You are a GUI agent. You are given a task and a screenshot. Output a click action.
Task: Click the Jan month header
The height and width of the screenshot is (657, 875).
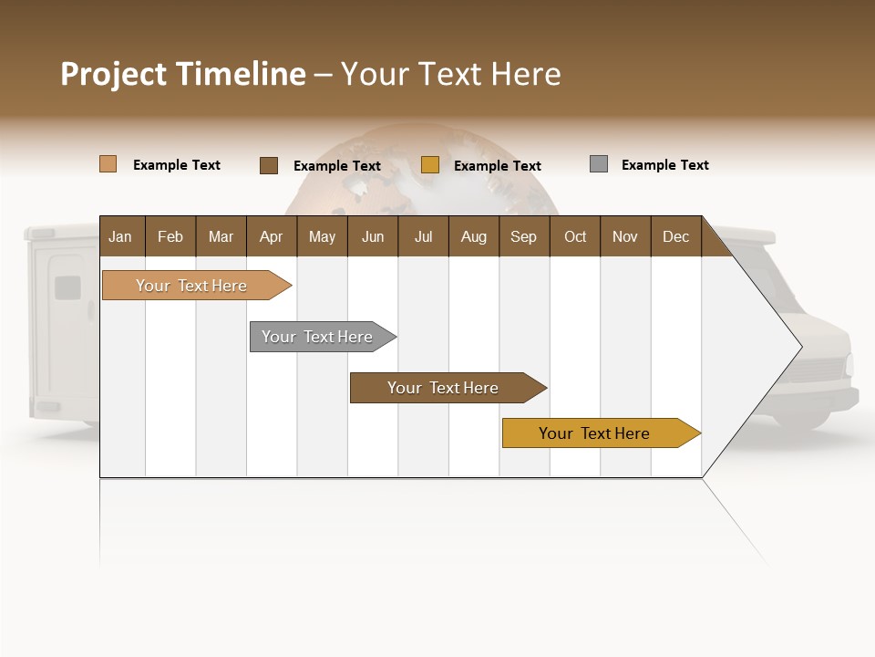coord(121,236)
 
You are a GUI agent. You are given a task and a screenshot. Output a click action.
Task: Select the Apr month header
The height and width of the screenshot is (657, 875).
coord(271,236)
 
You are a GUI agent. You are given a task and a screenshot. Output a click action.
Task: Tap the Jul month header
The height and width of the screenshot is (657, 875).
coord(423,236)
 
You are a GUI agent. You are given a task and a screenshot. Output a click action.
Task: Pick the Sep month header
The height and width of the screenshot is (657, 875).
coord(523,236)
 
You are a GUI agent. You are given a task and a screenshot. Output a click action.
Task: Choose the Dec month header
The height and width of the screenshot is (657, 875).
coord(675,236)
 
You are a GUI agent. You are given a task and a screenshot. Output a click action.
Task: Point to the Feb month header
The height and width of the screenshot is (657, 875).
coord(170,236)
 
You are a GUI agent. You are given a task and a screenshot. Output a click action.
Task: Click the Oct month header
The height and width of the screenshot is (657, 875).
coord(575,236)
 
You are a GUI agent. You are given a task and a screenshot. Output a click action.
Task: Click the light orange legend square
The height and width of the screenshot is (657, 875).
coord(108,164)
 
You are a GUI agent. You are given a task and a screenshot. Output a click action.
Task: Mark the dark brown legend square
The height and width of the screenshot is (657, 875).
coord(269,165)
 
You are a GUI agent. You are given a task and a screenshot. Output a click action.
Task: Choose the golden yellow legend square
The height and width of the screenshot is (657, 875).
coord(430,165)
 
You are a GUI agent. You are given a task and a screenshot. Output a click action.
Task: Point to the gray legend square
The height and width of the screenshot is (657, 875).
coord(599,164)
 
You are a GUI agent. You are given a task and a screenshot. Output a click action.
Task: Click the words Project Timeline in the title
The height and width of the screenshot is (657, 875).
coord(183,74)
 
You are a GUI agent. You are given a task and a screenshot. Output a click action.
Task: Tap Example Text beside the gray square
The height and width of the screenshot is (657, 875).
coord(664,165)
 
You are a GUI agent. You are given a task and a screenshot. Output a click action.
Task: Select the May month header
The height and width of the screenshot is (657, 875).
coord(322,236)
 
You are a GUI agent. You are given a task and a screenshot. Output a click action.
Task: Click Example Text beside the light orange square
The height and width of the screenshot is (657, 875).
coord(177,165)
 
